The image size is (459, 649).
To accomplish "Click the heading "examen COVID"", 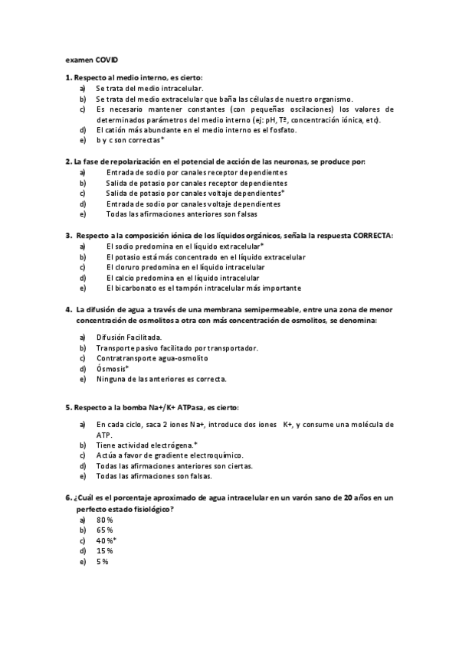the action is point(92,59).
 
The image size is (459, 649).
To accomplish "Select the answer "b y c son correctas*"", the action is point(130,142).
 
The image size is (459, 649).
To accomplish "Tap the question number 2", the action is point(68,162).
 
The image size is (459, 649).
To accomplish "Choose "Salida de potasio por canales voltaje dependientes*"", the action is point(195,194).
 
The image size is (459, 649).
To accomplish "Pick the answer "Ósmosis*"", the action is point(113,368).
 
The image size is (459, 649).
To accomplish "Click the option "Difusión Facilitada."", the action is point(129,337).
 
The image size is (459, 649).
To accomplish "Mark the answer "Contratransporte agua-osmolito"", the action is point(152,358).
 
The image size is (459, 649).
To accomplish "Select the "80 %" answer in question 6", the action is point(105,520).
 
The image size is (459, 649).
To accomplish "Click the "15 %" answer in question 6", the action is point(105,551).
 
